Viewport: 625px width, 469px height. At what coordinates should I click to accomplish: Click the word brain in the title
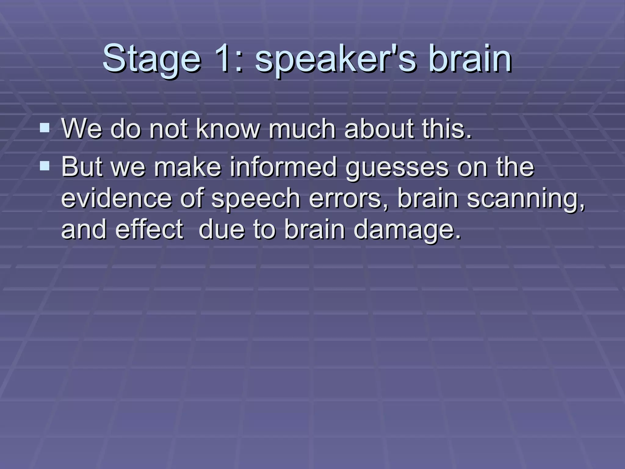(x=470, y=59)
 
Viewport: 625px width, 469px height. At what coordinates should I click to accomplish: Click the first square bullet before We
(x=45, y=127)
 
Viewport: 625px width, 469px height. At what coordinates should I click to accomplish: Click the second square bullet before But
(x=45, y=166)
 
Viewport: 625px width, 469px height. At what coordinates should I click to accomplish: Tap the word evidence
(x=116, y=198)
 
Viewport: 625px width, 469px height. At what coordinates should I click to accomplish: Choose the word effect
(x=150, y=229)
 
